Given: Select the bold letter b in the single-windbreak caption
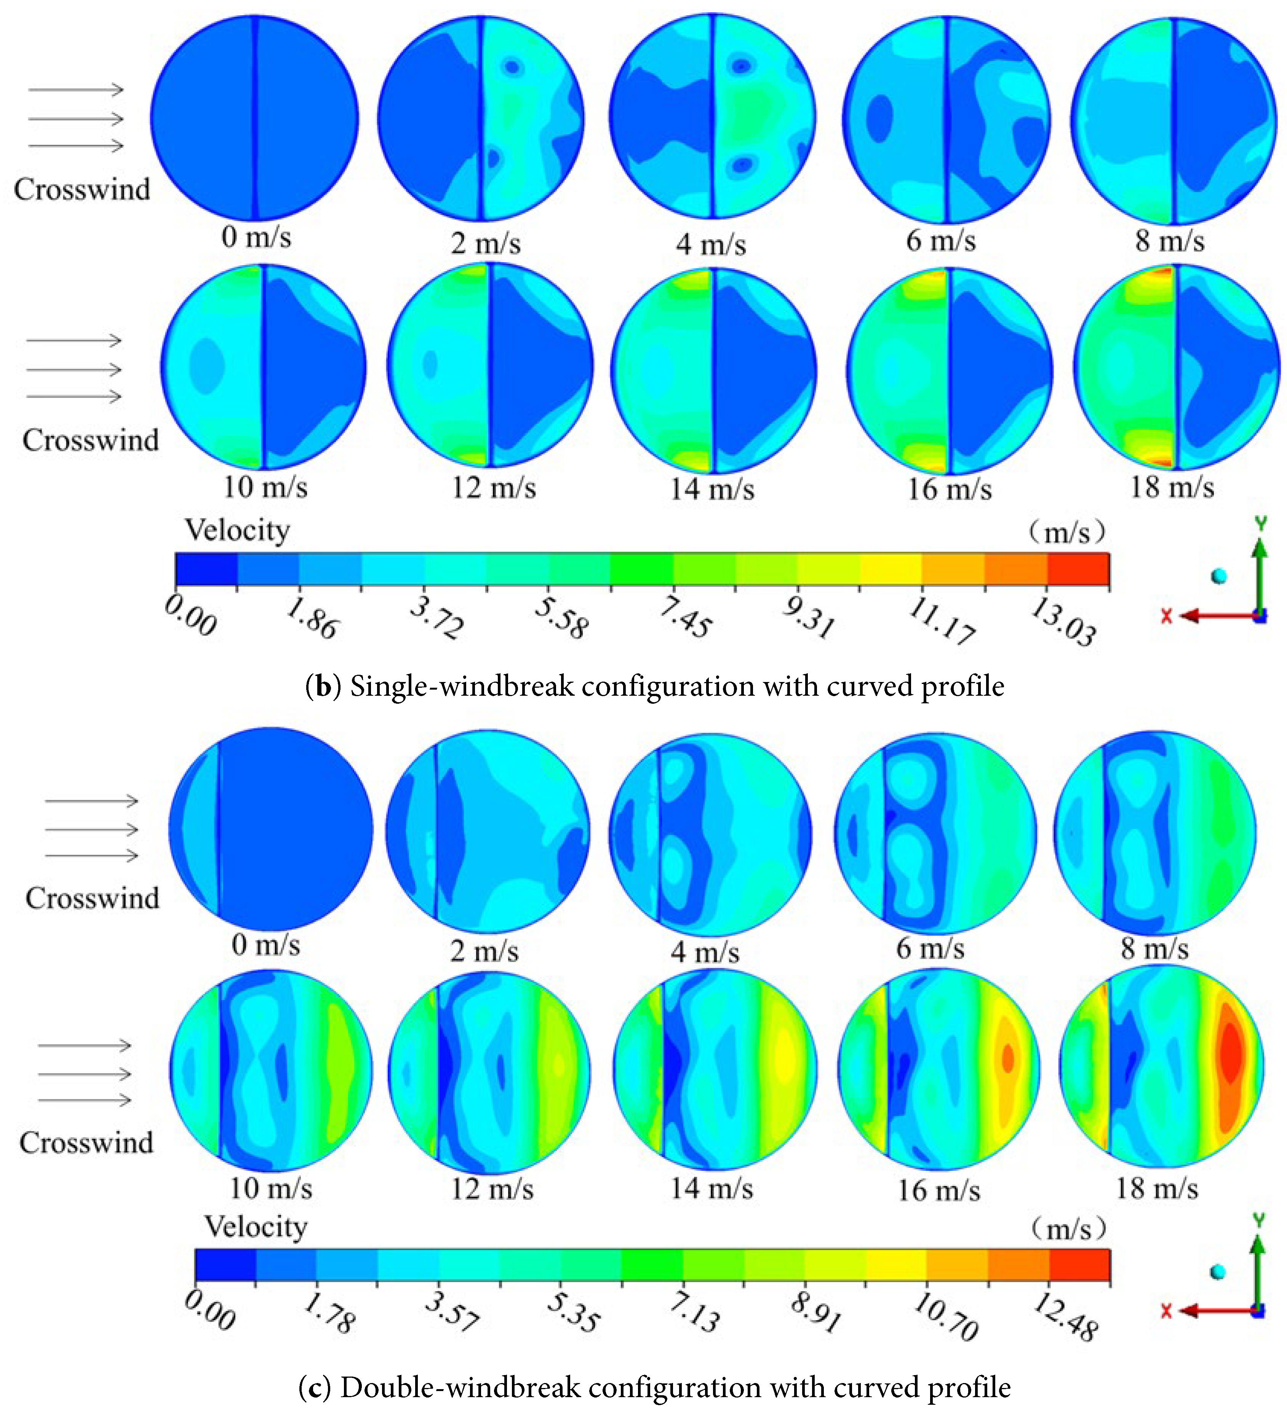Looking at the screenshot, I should (323, 686).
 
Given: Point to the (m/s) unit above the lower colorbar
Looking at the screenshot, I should (1069, 1228).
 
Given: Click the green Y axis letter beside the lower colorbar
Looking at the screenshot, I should (1259, 1220).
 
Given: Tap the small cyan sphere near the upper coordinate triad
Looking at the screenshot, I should (1219, 576).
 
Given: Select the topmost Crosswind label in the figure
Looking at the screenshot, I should (82, 189).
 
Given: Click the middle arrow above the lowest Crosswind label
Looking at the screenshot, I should (84, 1074).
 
